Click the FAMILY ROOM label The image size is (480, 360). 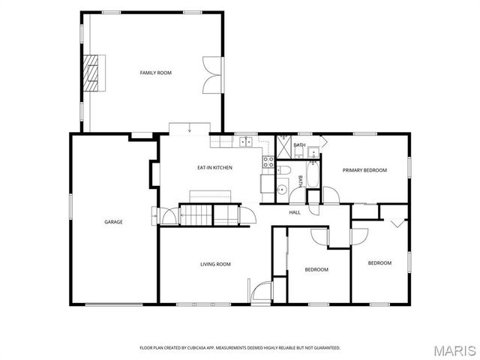155,73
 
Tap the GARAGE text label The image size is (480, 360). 113,222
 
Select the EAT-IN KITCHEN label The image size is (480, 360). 214,168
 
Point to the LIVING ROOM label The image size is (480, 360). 215,264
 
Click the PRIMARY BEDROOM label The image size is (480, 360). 364,170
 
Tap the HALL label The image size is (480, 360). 295,212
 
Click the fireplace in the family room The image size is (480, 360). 91,73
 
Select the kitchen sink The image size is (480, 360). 246,142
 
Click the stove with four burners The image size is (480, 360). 268,162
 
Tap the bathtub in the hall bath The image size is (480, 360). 313,175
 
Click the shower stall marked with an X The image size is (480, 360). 283,147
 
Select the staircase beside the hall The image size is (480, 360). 196,215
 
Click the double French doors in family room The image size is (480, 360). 212,74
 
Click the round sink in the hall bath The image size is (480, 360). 282,190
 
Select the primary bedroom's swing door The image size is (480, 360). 331,195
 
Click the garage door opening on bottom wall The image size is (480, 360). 114,304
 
